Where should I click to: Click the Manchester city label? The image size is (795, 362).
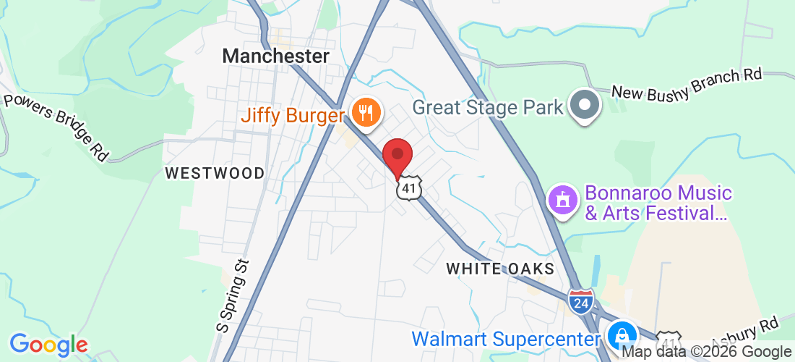(275, 56)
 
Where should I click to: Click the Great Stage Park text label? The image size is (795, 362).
(488, 108)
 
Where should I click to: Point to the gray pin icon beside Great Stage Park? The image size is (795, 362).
(585, 106)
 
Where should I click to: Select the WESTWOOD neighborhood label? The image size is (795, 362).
(215, 173)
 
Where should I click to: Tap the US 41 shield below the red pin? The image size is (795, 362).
(408, 188)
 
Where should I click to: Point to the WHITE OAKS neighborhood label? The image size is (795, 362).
(500, 269)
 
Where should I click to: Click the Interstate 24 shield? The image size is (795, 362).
(580, 300)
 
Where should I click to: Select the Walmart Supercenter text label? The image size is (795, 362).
(506, 338)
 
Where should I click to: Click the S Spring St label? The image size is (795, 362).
(233, 296)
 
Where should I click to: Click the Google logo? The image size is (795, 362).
(48, 345)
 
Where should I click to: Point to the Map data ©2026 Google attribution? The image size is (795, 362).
(707, 352)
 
